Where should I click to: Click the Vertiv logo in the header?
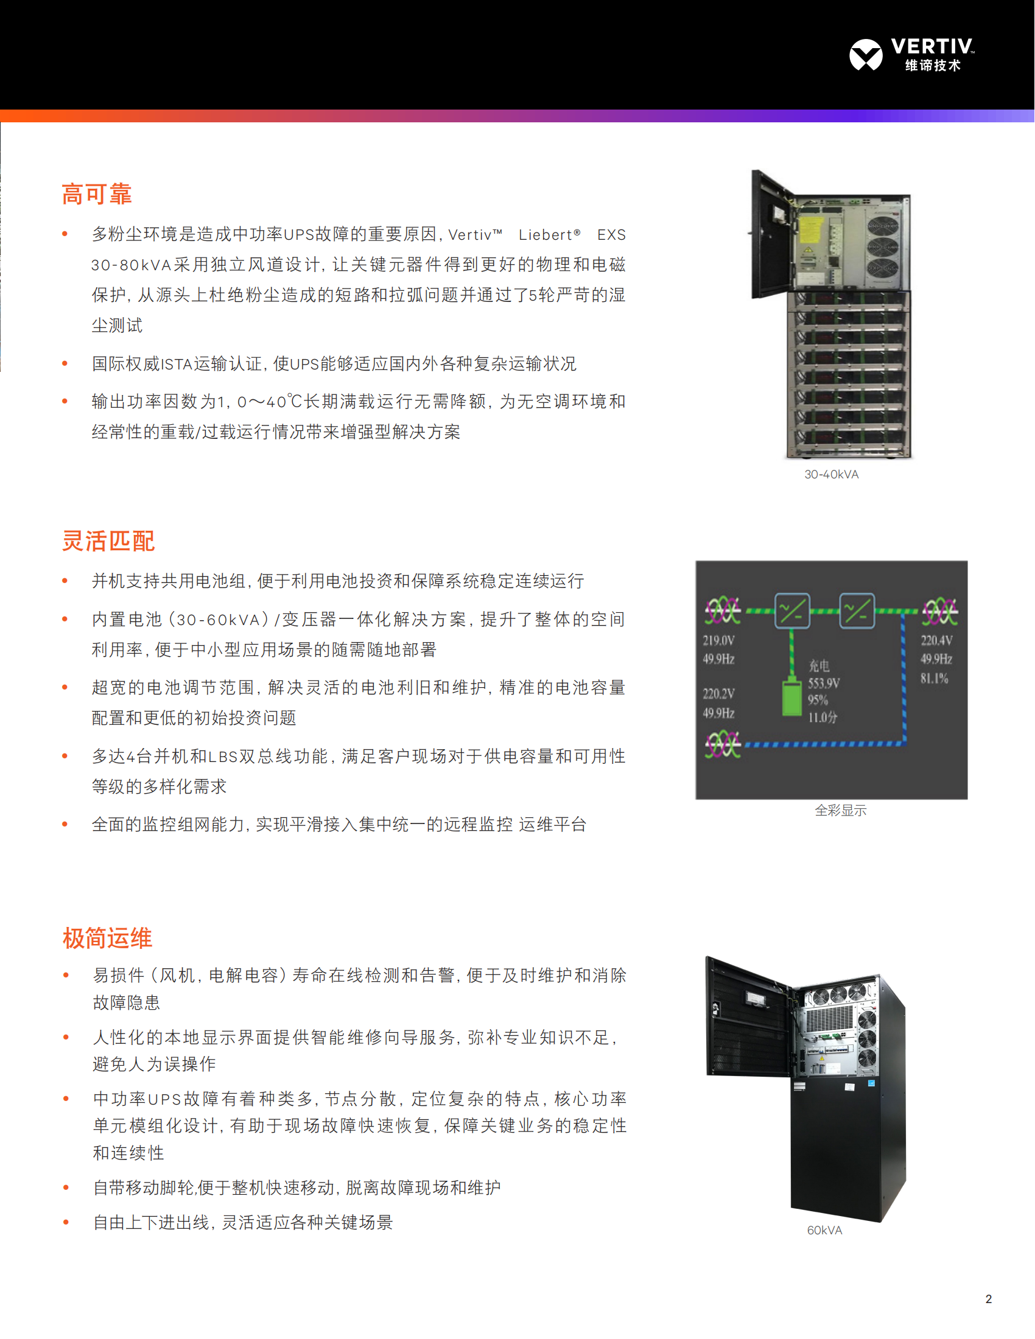[x=911, y=55]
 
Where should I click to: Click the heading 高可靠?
[x=97, y=194]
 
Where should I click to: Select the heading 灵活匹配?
[x=108, y=540]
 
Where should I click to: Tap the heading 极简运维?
[x=107, y=938]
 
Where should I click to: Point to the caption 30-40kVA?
[x=832, y=475]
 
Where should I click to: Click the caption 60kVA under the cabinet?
[x=824, y=1231]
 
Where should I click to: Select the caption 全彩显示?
[x=840, y=811]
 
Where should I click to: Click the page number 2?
[x=988, y=1299]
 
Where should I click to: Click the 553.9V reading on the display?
[x=824, y=683]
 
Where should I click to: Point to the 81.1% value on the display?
[x=934, y=678]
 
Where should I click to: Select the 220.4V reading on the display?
[x=936, y=640]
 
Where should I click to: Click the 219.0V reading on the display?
[x=718, y=640]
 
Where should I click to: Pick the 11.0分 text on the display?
[x=823, y=718]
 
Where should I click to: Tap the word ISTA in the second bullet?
[x=177, y=364]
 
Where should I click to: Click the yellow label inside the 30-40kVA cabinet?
[x=810, y=231]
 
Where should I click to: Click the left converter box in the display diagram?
[x=792, y=610]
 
